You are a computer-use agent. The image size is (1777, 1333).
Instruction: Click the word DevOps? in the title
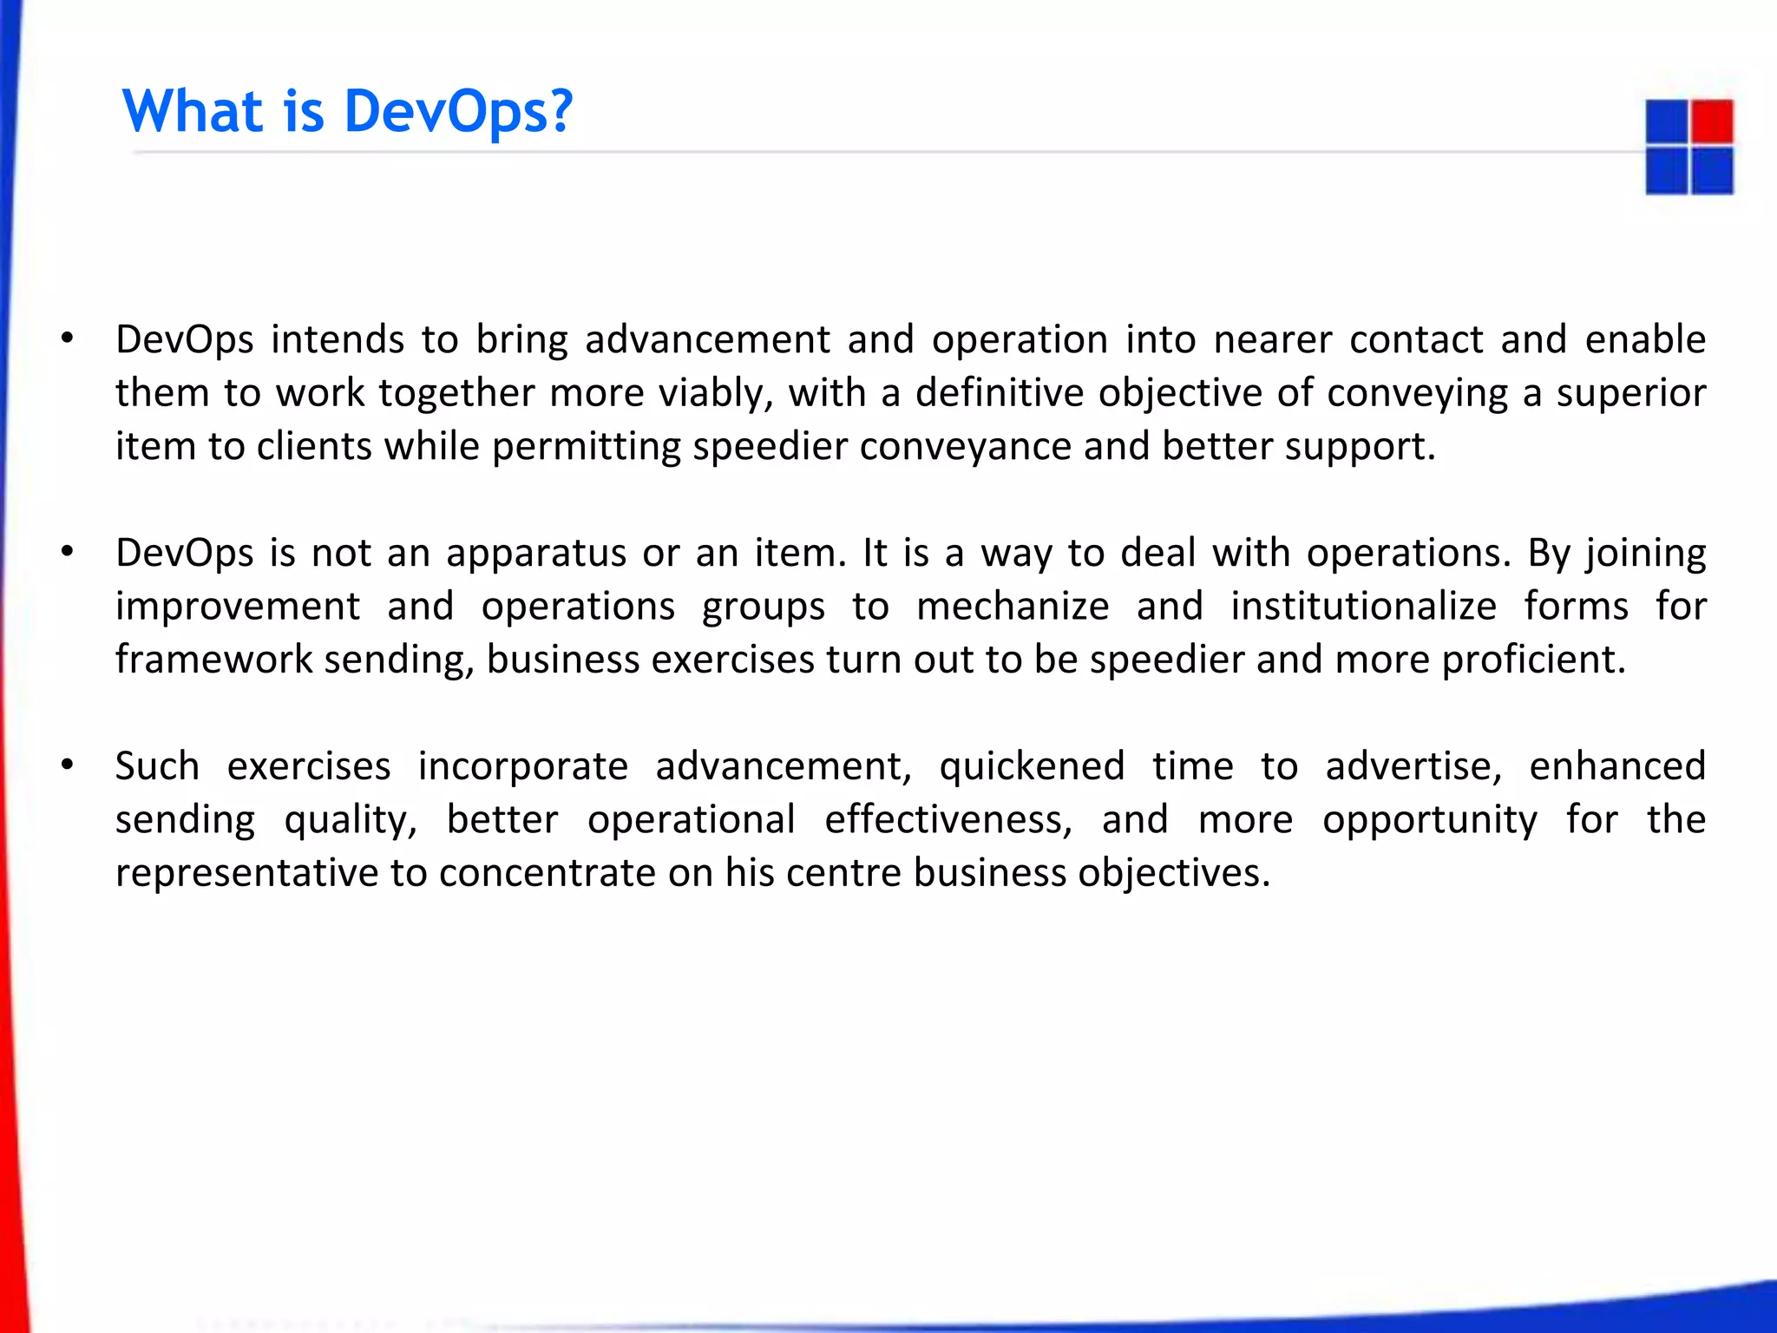pyautogui.click(x=457, y=113)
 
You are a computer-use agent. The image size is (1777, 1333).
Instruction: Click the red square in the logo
pyautogui.click(x=1712, y=121)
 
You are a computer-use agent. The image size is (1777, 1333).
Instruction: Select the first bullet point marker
pyautogui.click(x=67, y=338)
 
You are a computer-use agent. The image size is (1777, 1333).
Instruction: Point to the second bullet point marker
pyautogui.click(x=67, y=552)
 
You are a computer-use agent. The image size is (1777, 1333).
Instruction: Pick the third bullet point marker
pyautogui.click(x=67, y=765)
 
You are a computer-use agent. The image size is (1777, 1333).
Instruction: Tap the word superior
pyautogui.click(x=1630, y=393)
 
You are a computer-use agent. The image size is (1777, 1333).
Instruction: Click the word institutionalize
pyautogui.click(x=1363, y=606)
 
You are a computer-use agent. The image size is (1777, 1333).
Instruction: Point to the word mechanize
pyautogui.click(x=1012, y=606)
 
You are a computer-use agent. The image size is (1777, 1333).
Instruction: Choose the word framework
pyautogui.click(x=213, y=660)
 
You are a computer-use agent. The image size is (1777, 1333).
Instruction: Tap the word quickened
pyautogui.click(x=1032, y=766)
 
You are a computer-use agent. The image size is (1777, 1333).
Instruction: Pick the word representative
pyautogui.click(x=246, y=873)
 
